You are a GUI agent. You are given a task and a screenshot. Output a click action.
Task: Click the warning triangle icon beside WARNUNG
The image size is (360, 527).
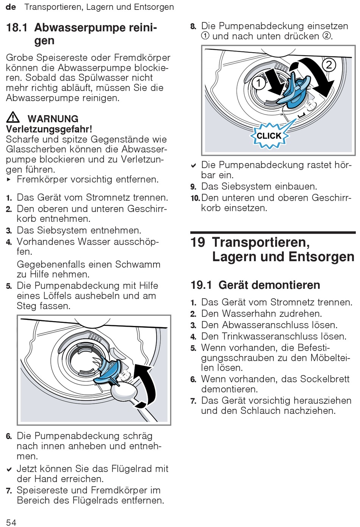13,117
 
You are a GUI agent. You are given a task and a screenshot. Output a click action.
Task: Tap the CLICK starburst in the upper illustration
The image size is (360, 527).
269,136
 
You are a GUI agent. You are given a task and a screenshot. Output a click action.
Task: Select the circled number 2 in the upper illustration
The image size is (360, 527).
329,65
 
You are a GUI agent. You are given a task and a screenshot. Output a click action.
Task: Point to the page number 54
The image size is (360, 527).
11,522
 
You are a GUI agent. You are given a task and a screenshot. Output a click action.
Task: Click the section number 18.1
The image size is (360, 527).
17,28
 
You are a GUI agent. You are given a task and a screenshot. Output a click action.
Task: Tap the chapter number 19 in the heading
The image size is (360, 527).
198,242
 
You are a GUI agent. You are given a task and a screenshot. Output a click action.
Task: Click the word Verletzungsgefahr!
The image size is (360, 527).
49,129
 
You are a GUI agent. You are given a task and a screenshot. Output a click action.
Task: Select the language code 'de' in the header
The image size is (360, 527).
11,7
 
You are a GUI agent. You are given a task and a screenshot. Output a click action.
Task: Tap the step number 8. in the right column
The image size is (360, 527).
193,27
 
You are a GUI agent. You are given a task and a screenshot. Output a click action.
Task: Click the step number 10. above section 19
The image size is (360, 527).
195,198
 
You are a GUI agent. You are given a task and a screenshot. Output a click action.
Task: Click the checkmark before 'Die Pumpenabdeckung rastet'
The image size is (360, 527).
193,165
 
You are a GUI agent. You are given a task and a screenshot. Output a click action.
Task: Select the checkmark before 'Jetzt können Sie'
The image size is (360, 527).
9,469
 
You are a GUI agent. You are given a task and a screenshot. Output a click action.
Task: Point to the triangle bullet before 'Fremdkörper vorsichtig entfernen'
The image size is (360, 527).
9,179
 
